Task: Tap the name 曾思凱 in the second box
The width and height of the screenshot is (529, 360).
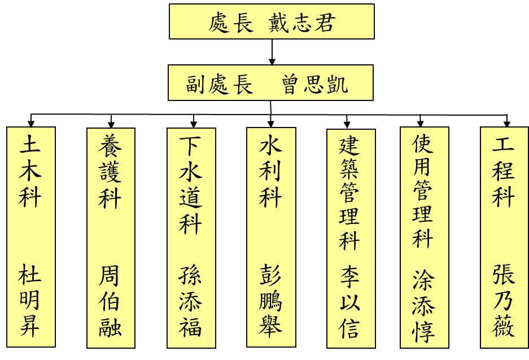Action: tap(315, 84)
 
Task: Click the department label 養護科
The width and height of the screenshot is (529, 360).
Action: tap(110, 172)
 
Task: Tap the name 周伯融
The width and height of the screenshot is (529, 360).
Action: tap(110, 302)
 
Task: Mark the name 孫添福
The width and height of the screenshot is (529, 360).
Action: tap(191, 302)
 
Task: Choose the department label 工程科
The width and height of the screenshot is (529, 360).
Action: tap(504, 172)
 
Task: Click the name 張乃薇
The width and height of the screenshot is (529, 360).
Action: tap(504, 302)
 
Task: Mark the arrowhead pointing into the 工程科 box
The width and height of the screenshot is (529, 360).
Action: tap(507, 123)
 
